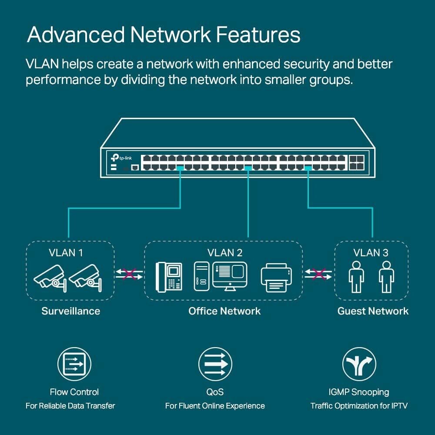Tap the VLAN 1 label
coord(66,252)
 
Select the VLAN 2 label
coord(225,252)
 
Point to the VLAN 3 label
coord(371,252)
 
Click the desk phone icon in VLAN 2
coord(169,277)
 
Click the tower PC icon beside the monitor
coord(201,277)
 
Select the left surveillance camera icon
coord(50,277)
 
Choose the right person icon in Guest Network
coord(386,277)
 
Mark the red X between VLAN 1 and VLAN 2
coord(129,274)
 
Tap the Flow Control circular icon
coord(74,364)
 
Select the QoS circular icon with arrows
coord(215,364)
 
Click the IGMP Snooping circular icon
coord(359,364)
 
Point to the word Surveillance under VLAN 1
coord(70,311)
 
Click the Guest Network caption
coord(373,311)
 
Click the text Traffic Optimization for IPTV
coord(359,406)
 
